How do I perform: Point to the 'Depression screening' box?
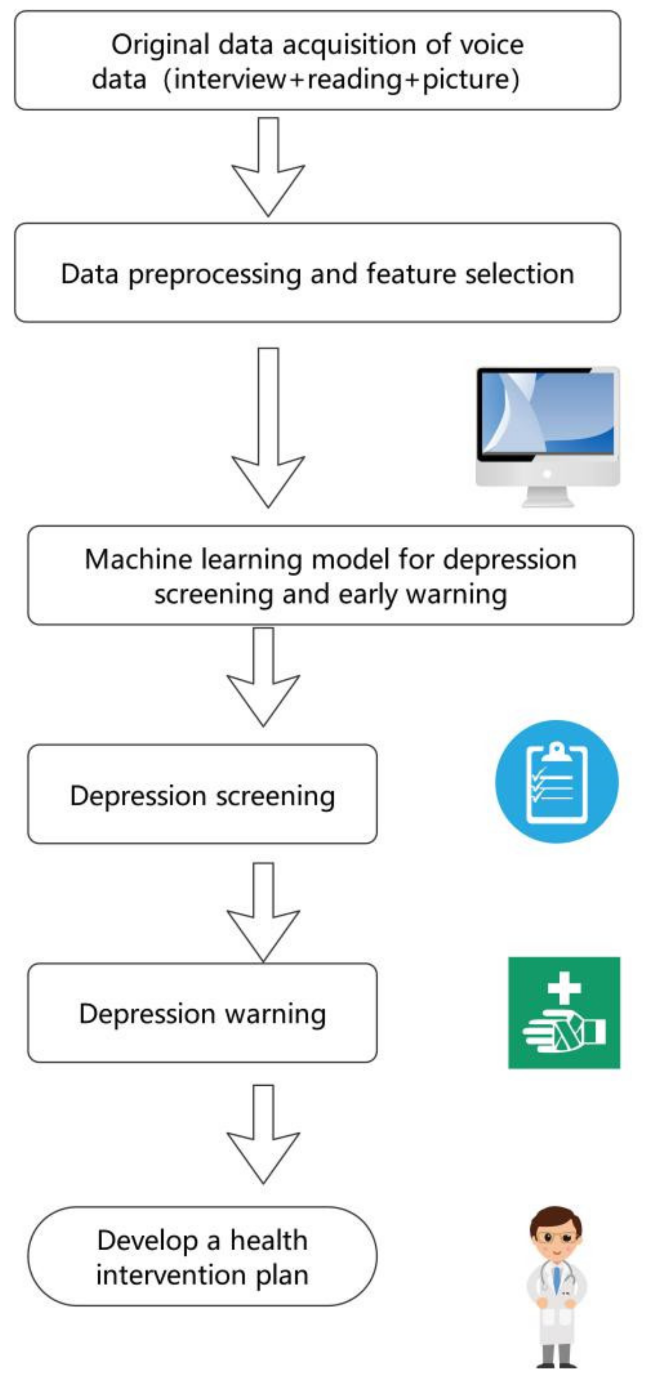point(202,795)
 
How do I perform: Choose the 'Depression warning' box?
point(202,1014)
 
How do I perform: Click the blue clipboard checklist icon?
point(557,782)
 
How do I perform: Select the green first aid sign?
point(564,1013)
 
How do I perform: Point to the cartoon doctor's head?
point(555,1235)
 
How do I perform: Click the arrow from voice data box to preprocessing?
point(268,166)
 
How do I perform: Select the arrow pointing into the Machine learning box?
point(268,430)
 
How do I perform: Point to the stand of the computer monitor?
point(548,497)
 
